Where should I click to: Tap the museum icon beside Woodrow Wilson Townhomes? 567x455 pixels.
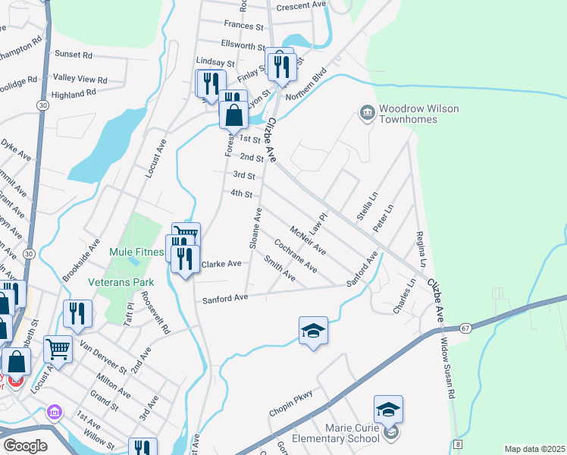click(367, 114)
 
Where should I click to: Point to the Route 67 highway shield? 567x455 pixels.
click(465, 328)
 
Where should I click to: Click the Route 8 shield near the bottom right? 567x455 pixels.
click(457, 443)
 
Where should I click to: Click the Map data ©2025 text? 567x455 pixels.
click(534, 449)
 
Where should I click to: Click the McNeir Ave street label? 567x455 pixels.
click(308, 239)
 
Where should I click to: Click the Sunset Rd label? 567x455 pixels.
click(74, 55)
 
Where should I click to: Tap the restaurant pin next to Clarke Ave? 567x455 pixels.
click(184, 259)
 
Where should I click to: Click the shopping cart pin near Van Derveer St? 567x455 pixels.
click(58, 349)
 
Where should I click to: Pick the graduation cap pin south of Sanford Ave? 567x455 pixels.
click(313, 331)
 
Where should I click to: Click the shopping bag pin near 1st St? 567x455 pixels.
click(233, 115)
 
